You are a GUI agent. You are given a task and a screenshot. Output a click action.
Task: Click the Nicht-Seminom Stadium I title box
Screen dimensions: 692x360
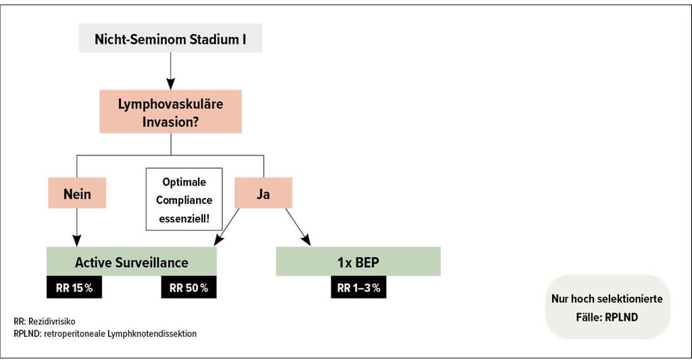coord(170,38)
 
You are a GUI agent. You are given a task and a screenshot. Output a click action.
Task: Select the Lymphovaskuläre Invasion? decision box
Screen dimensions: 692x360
coord(170,111)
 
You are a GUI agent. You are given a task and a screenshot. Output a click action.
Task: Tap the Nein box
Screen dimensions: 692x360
coord(77,192)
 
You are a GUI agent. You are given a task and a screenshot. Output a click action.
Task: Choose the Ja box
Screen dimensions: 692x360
coord(263,192)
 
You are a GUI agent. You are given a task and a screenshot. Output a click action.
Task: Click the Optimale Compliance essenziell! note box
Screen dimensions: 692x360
coord(184,199)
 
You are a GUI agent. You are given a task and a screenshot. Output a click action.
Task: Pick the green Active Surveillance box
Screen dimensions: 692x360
coord(132,261)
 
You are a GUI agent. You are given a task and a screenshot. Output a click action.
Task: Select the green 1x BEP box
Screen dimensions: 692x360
coord(358,261)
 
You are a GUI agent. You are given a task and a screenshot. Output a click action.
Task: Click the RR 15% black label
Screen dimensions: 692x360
coord(74,287)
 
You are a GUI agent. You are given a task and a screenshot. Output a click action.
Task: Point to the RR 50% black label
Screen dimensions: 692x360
coord(189,287)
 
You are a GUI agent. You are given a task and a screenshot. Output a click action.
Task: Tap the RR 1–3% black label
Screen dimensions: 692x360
coord(358,287)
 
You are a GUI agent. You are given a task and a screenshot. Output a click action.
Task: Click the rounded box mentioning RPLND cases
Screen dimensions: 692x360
coord(608,307)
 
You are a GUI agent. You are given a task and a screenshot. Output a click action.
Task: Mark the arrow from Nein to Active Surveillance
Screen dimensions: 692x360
coord(77,227)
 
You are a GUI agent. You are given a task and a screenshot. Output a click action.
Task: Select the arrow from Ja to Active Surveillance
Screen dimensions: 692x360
coord(226,227)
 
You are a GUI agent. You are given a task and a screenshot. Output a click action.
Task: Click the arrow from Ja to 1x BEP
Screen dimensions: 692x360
coord(298,227)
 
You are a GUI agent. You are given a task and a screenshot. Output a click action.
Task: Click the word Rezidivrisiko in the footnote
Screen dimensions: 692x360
coord(51,322)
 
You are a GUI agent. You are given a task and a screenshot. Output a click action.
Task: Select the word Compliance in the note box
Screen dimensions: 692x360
coord(184,200)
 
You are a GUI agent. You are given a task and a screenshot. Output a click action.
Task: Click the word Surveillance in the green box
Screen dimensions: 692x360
coord(152,263)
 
